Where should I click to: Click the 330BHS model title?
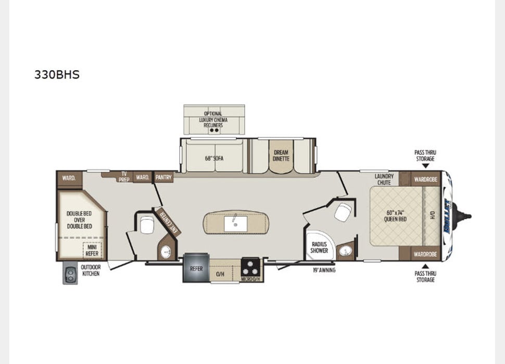pos(57,74)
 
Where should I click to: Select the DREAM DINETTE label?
pos(281,155)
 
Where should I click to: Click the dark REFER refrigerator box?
pos(196,268)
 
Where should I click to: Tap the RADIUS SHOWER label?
pos(319,247)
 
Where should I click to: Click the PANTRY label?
pos(163,177)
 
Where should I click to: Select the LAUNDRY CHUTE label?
pos(384,179)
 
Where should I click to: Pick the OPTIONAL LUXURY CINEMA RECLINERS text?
pos(213,119)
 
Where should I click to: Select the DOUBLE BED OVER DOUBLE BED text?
pos(79,219)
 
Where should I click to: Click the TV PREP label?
pos(124,175)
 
